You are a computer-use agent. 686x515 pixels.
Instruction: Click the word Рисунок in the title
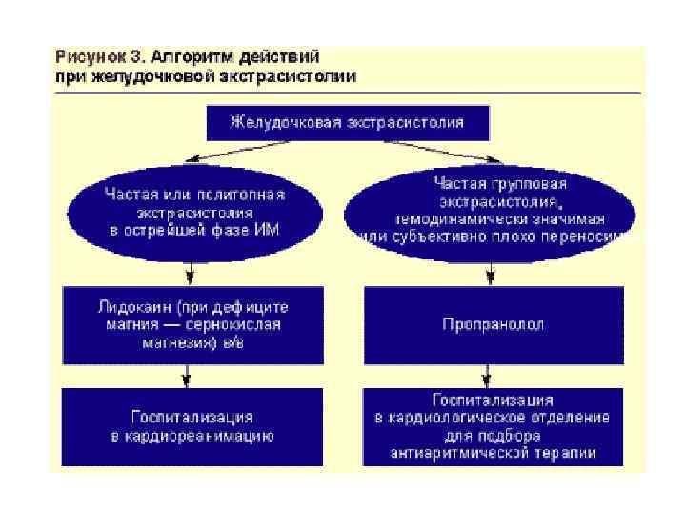coord(86,57)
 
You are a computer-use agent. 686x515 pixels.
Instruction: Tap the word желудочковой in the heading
coord(144,75)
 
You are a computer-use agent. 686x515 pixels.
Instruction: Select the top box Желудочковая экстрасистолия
coord(348,122)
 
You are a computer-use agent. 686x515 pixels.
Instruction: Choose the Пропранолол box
coord(494,324)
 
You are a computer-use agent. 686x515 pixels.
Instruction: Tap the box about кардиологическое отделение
coord(494,426)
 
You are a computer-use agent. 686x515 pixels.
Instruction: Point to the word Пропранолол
coord(494,324)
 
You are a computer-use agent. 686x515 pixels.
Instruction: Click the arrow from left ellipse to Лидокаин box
coord(192,273)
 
